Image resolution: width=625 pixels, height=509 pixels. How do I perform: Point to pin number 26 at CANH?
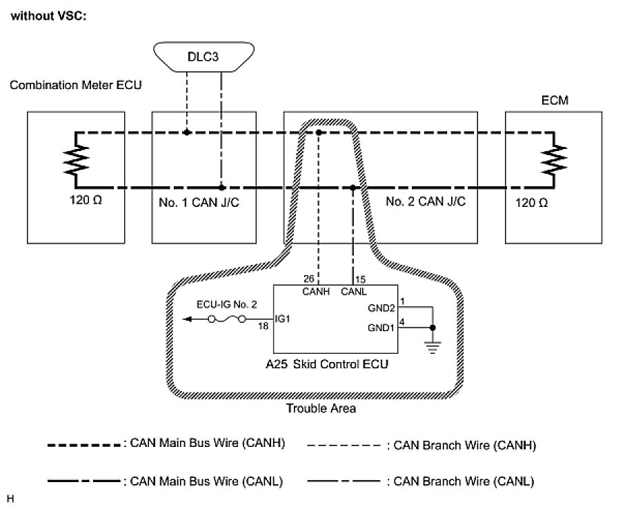308,279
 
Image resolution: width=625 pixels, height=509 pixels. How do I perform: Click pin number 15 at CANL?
360,279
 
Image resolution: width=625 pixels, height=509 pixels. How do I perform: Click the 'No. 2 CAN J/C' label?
425,203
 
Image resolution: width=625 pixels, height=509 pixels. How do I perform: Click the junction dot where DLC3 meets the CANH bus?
186,131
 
